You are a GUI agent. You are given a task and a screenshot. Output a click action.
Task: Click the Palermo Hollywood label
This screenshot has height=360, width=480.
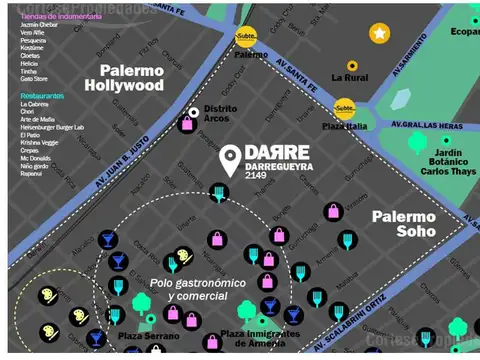[x=131, y=78]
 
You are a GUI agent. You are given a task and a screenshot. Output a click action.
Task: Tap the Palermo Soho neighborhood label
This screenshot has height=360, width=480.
[x=404, y=223]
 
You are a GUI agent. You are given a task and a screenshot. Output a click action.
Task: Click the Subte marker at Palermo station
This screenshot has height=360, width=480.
[x=245, y=38]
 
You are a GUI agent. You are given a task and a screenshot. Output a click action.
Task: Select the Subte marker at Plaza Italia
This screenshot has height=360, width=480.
[x=345, y=106]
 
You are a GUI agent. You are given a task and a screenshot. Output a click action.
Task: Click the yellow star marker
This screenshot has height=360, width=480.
[x=379, y=34]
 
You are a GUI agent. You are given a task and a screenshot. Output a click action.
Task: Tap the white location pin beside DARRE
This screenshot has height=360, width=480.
[x=230, y=160]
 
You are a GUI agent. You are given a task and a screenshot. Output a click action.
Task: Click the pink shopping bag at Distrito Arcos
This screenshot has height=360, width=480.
[x=186, y=125]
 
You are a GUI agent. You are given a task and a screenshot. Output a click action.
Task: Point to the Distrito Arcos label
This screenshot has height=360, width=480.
[x=220, y=114]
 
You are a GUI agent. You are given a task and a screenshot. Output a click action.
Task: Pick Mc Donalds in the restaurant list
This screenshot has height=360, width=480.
[x=35, y=157]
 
